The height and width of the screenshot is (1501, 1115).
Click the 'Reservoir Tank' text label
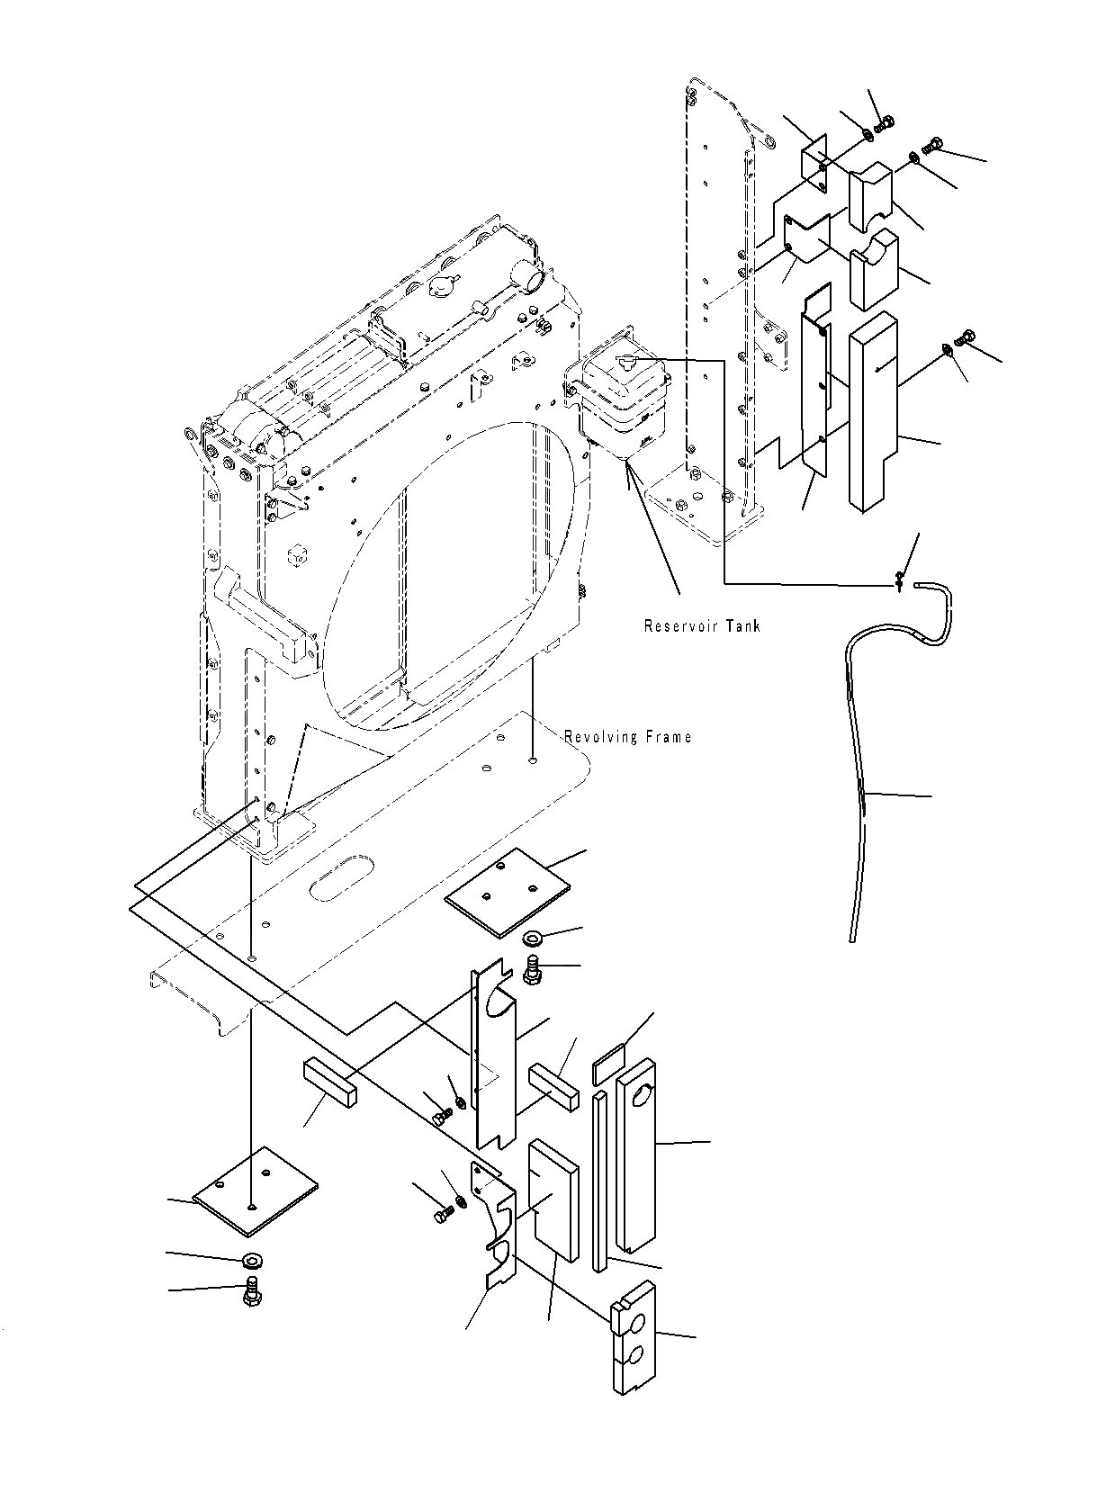pyautogui.click(x=702, y=625)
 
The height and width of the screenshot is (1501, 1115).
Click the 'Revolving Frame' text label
pyautogui.click(x=628, y=737)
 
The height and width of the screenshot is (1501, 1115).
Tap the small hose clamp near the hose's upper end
pyautogui.click(x=898, y=583)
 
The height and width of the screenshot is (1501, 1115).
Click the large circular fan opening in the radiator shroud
pyautogui.click(x=450, y=576)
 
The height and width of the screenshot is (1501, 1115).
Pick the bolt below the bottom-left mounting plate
pyautogui.click(x=251, y=1294)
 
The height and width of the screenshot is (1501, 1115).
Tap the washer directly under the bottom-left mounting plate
pyautogui.click(x=252, y=1259)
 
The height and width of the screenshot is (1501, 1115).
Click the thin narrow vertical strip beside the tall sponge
pyautogui.click(x=599, y=1179)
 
